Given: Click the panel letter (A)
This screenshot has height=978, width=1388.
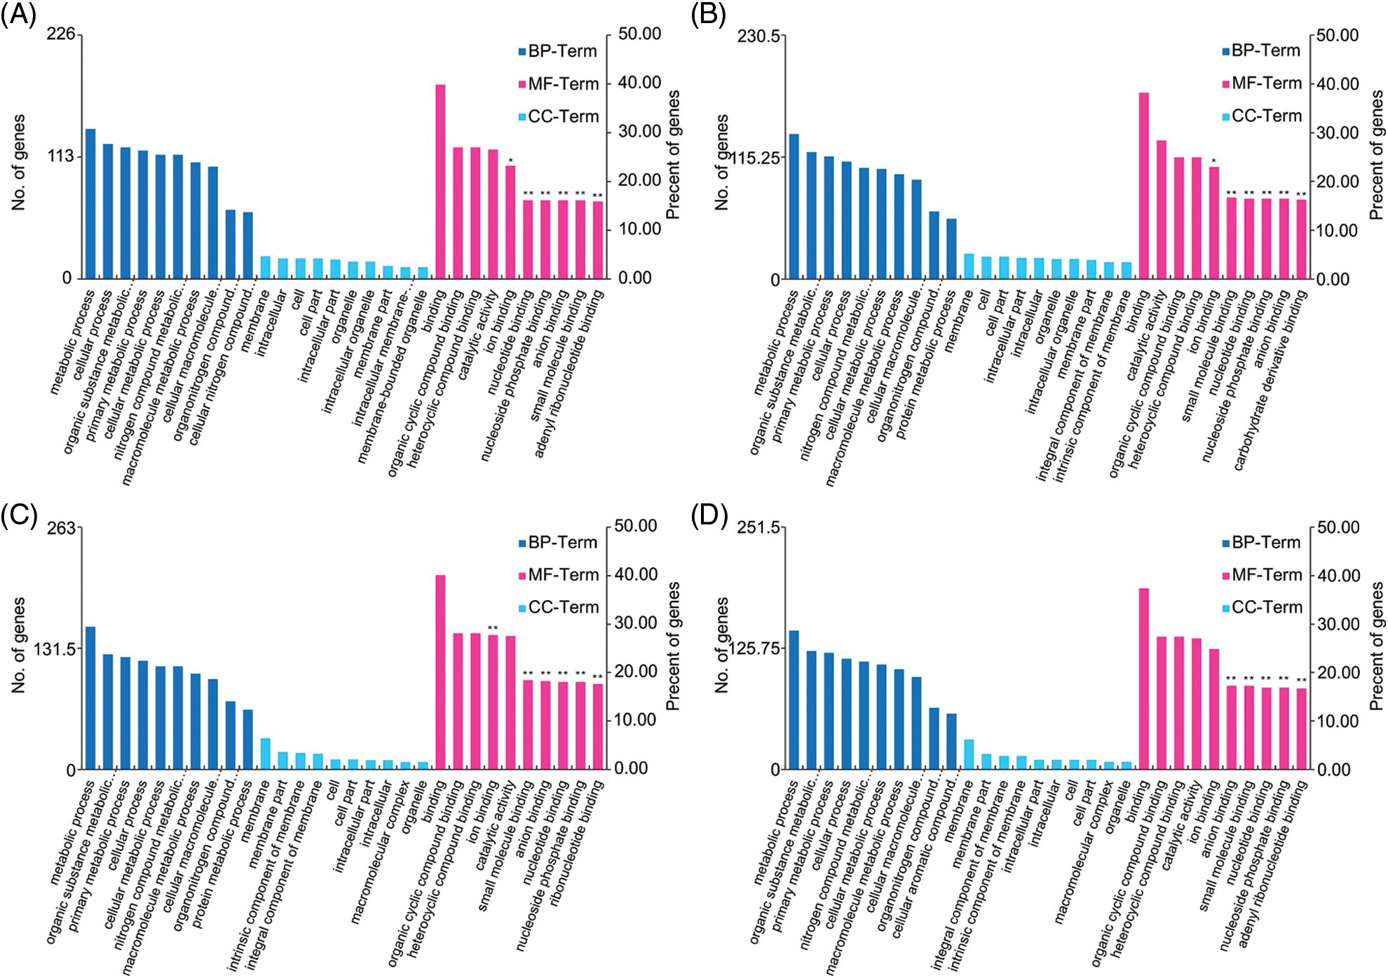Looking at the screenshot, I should pos(18,14).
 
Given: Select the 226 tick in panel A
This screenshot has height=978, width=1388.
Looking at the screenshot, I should pos(60,34).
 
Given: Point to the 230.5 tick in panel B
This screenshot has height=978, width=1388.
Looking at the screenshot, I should pos(758,36).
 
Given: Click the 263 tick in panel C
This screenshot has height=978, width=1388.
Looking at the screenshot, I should pos(61,527).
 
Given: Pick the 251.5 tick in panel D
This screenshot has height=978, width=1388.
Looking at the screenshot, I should pos(758,527).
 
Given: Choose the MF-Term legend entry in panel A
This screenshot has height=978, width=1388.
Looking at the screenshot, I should pos(559,84).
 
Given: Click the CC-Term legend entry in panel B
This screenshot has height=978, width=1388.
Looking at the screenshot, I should pos(1262,116).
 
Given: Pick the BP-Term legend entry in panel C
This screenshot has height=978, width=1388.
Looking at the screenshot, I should pos(558,543).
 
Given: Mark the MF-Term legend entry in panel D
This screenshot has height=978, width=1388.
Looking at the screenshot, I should pos(1262,576).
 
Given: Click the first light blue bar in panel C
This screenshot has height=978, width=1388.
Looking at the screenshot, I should pos(265,754).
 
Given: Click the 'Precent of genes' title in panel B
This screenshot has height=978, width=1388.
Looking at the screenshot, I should pos(1376,156).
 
